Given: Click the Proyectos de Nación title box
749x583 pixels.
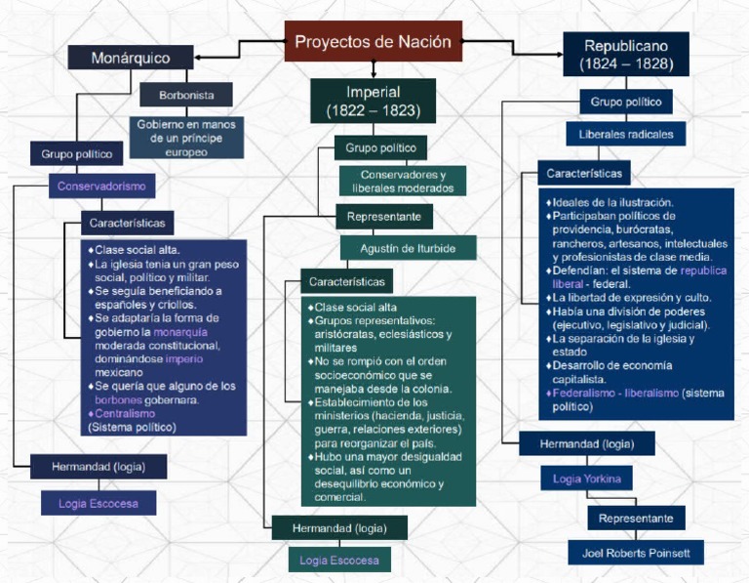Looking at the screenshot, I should click(x=374, y=42).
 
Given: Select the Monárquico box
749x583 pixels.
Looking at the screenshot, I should click(x=131, y=58).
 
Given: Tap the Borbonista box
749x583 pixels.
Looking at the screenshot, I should click(x=185, y=96).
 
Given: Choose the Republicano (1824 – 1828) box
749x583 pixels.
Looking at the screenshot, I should click(x=625, y=55).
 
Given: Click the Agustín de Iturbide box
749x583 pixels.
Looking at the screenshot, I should click(x=408, y=248).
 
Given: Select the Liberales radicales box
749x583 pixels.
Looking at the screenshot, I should click(x=625, y=134).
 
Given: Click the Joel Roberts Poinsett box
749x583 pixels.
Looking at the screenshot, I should click(x=635, y=553).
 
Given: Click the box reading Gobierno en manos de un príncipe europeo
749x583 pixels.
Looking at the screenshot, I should click(x=186, y=139).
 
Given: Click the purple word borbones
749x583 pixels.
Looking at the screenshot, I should click(x=119, y=400).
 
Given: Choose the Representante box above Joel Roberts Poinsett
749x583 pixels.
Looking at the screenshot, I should click(x=636, y=518).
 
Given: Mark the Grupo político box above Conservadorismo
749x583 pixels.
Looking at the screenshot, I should click(x=76, y=153).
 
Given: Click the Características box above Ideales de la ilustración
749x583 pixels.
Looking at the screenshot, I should click(x=584, y=173).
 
